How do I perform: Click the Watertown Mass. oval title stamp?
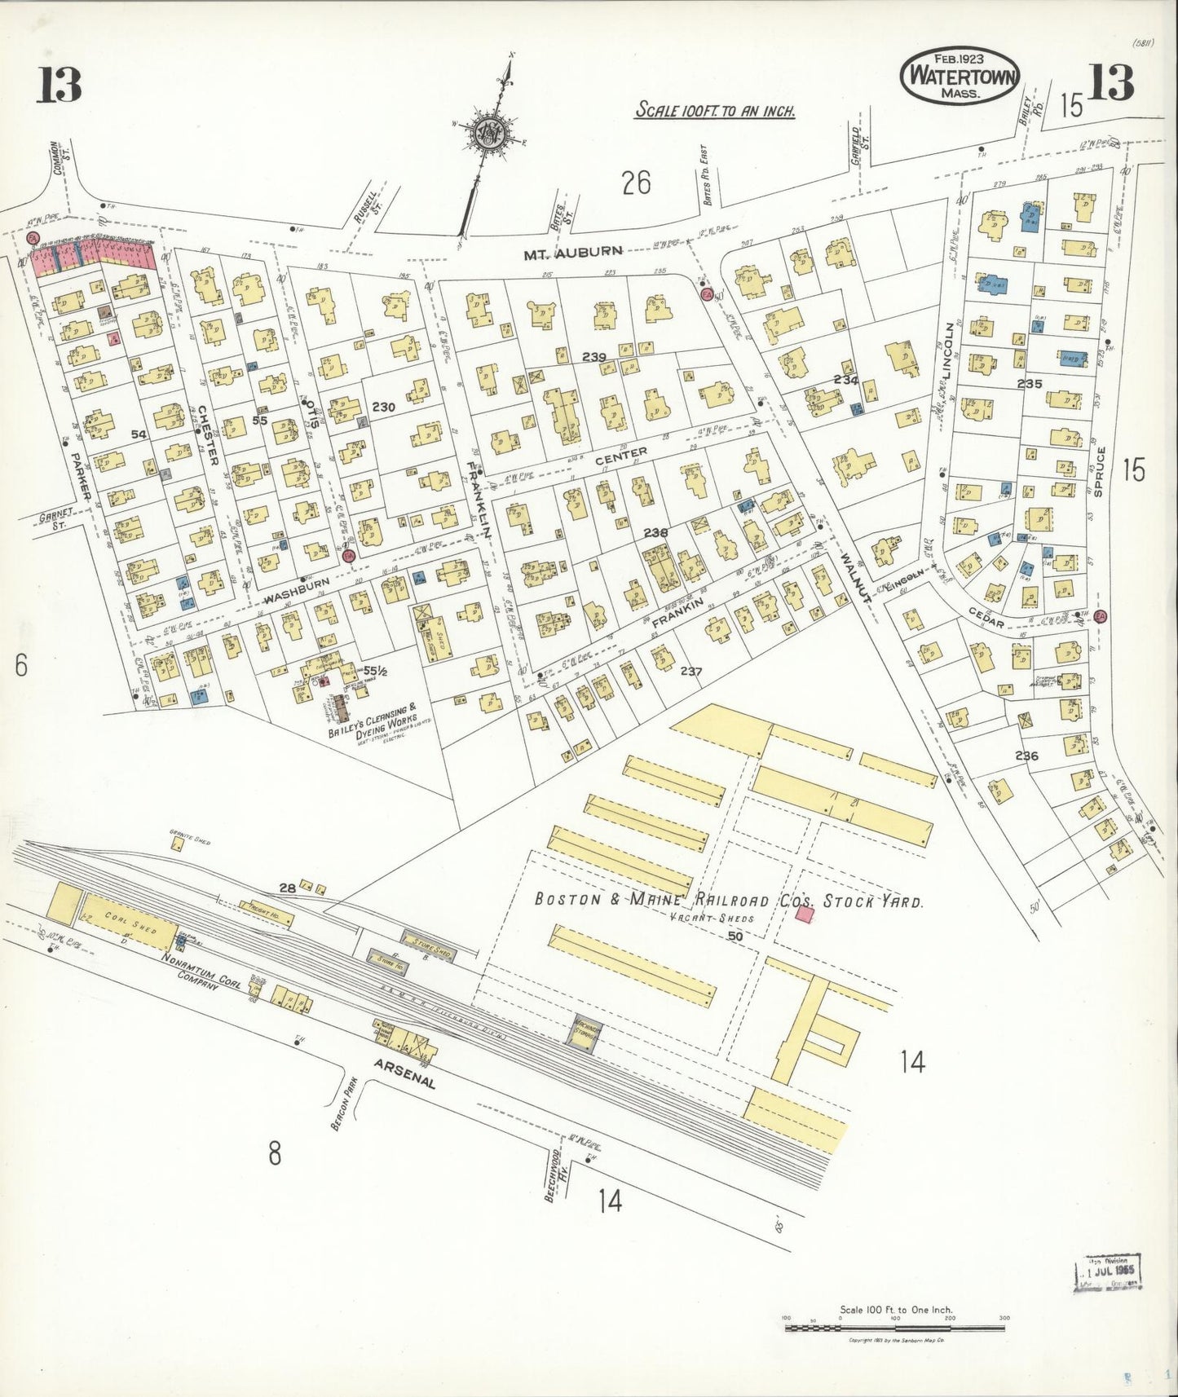point(959,75)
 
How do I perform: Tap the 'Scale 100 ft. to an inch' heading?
point(715,110)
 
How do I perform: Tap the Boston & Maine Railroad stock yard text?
point(728,901)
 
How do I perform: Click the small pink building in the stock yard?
point(805,914)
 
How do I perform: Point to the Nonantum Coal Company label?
point(190,973)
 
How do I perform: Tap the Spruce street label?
point(1100,471)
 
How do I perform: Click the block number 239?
point(594,356)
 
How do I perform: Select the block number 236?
point(1026,756)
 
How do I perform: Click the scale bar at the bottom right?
point(894,1327)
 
